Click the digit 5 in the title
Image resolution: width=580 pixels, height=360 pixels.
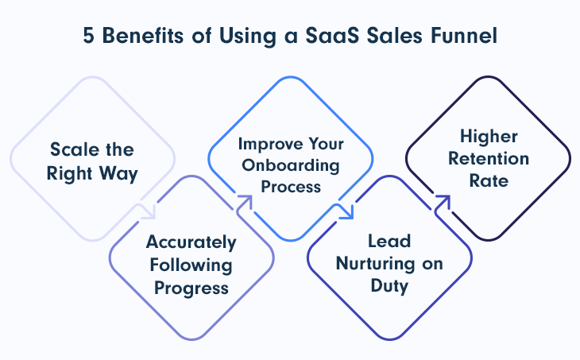(88, 36)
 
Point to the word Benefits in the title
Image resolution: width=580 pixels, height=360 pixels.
(143, 36)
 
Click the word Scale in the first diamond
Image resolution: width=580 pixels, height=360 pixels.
(75, 149)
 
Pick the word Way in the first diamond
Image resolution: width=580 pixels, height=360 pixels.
(118, 173)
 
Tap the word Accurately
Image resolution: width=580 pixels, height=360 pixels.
(191, 242)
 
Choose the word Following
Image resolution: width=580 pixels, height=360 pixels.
(191, 265)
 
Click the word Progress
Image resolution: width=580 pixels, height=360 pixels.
(191, 288)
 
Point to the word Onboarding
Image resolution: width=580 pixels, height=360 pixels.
(291, 165)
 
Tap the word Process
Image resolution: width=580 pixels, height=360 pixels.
(291, 187)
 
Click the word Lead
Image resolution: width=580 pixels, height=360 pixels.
(389, 242)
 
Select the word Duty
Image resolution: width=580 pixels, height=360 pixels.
(389, 286)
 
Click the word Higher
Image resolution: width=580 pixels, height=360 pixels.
(489, 137)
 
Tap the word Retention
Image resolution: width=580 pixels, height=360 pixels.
(489, 159)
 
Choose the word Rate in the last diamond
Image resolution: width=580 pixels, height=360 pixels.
(489, 181)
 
